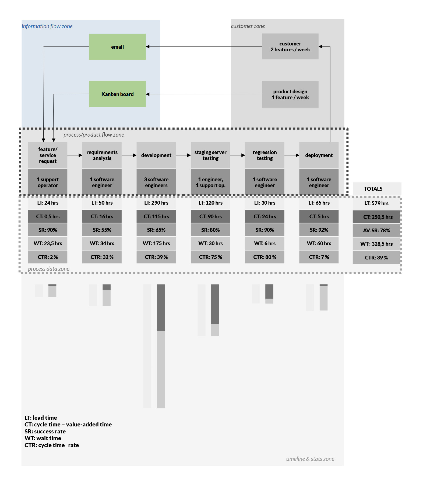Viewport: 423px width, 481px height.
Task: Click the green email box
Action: tap(117, 47)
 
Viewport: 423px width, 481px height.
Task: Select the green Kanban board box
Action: tap(117, 94)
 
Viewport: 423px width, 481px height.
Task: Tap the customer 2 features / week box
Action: tap(290, 47)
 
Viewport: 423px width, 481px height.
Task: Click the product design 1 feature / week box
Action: tap(290, 94)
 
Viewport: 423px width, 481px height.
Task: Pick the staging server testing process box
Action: tap(210, 155)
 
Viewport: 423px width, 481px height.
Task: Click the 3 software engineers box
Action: tap(156, 182)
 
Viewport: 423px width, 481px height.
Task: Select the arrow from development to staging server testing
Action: tap(183, 155)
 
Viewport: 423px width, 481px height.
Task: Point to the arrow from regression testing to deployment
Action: tap(292, 155)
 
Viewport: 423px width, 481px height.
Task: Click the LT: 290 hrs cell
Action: tap(156, 203)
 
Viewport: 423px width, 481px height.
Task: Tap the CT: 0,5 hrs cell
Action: tap(48, 216)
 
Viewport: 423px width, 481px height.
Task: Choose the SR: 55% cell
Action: tap(102, 230)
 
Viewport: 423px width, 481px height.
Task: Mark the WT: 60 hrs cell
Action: tap(319, 243)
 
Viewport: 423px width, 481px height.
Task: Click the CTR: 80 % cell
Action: tap(265, 257)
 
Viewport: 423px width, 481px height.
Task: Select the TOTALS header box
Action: tap(376, 189)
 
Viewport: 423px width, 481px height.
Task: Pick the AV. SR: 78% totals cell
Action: tap(376, 230)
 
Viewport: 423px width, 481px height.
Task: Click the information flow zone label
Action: tap(47, 26)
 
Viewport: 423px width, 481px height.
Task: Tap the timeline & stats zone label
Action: tap(310, 459)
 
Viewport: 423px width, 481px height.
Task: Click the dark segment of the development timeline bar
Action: tap(161, 308)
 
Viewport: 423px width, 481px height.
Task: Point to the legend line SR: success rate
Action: tap(45, 432)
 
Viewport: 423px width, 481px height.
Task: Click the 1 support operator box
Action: tap(48, 182)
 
